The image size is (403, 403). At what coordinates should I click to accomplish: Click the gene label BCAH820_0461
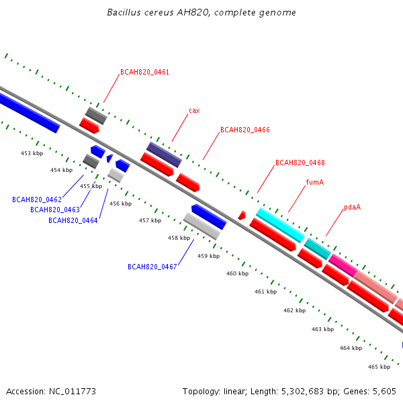[x=144, y=72]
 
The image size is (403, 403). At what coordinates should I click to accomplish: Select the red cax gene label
[x=194, y=111]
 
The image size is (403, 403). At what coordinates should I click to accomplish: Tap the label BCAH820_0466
[x=245, y=130]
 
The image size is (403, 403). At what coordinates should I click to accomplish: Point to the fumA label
[x=315, y=182]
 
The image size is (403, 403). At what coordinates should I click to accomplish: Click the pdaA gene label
[x=352, y=207]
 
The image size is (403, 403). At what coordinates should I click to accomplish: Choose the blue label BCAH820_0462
[x=37, y=199]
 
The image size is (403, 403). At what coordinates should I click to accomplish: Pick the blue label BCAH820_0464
[x=73, y=220]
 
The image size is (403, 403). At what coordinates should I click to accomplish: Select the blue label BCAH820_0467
[x=152, y=267]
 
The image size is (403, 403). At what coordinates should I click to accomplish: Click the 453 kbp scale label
[x=32, y=153]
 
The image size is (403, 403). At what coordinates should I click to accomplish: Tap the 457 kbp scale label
[x=150, y=220]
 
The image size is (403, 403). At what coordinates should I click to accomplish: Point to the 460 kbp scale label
[x=238, y=274]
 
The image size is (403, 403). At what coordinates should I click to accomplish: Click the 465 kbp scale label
[x=379, y=367]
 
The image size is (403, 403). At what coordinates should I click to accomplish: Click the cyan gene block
[x=280, y=225]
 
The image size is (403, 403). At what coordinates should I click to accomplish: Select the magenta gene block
[x=343, y=265]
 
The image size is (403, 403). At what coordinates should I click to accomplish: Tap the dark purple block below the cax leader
[x=164, y=154]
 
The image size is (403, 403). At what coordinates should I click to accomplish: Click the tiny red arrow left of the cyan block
[x=242, y=216]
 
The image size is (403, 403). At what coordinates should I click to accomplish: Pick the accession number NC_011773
[x=73, y=392]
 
